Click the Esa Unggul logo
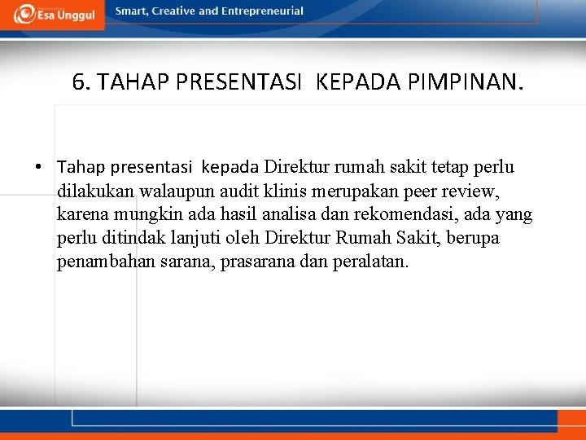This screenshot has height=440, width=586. pyautogui.click(x=52, y=14)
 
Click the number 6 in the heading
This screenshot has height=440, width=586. pyautogui.click(x=78, y=82)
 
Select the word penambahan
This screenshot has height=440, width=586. pyautogui.click(x=98, y=262)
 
